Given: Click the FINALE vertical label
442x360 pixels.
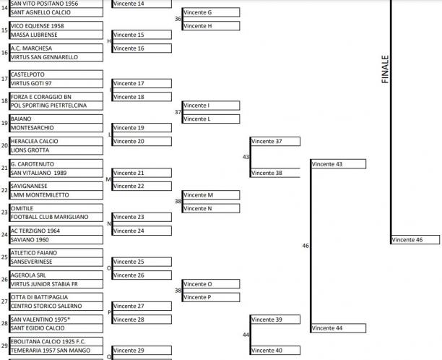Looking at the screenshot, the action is click(x=385, y=69).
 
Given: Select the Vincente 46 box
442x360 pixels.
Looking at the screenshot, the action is click(x=415, y=239).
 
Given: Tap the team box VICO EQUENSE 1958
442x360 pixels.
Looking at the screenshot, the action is click(x=56, y=26).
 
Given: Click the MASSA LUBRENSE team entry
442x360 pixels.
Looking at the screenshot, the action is click(x=56, y=35).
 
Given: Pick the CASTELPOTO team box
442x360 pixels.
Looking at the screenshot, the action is click(x=56, y=74).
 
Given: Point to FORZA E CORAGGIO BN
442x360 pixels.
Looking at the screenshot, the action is click(x=56, y=97).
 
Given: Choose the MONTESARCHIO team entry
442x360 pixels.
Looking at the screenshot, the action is click(x=56, y=127).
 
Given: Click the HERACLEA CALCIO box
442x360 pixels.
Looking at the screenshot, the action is click(x=56, y=142).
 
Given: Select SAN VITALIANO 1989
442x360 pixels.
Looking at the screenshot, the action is click(x=56, y=173).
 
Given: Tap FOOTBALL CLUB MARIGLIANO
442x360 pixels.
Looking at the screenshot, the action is click(x=56, y=217).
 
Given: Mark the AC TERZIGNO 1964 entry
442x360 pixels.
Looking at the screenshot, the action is click(x=56, y=231).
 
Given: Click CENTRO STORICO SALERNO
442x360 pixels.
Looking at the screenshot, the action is click(x=56, y=306).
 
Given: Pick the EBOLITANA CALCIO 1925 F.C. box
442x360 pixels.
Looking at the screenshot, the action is click(x=56, y=341).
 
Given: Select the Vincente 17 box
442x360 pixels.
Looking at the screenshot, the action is click(x=142, y=84).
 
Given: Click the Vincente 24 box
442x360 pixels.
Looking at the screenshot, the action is click(x=142, y=231).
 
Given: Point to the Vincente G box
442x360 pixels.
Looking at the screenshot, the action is click(x=211, y=12).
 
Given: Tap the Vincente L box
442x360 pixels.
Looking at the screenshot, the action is click(x=211, y=119).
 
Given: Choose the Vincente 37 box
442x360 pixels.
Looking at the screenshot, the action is click(x=275, y=142).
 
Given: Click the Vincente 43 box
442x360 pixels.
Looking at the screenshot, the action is click(x=338, y=164).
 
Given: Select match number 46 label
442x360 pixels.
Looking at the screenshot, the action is click(x=305, y=246).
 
